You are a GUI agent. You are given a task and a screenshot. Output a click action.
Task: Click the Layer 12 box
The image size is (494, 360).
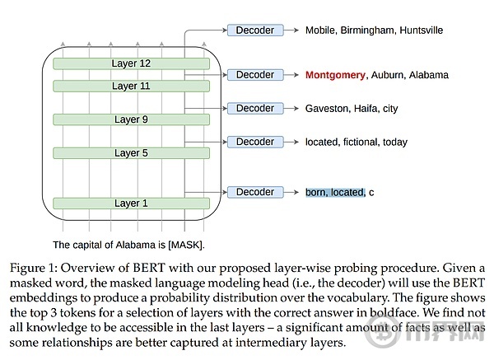coord(131,63)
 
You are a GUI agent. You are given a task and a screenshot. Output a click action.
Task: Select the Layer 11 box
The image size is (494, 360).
coord(131,86)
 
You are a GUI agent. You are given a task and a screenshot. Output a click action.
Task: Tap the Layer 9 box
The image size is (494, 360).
coord(131,119)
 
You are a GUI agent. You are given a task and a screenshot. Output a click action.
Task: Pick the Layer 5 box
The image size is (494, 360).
coord(131,153)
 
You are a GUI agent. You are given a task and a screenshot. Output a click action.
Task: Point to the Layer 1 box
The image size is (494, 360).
coord(131,203)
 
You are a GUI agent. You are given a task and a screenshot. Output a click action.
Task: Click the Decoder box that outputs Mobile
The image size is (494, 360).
coord(255,30)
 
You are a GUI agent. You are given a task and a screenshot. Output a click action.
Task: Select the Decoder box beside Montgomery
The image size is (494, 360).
coord(255,75)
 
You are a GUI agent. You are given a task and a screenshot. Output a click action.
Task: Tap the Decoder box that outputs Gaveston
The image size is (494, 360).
coord(255,108)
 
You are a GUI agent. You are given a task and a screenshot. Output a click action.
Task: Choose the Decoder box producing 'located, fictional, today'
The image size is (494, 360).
coord(255,142)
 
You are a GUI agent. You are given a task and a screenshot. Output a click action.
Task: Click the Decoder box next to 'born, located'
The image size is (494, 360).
coord(255,192)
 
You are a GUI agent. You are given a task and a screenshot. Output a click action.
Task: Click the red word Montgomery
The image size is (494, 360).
coord(335,75)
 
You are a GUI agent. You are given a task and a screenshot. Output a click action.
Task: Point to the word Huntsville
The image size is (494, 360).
coord(422,30)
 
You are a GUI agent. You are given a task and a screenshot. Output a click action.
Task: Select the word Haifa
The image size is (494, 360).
coord(366,109)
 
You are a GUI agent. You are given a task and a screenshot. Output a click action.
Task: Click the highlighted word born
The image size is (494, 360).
coord(316,192)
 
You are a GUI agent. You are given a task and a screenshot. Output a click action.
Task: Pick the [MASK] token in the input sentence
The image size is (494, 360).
coord(185,245)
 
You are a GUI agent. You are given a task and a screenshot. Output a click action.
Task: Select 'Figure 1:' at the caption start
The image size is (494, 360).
coord(34,269)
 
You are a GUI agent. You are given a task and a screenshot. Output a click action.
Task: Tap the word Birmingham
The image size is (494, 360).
coord(367,30)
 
